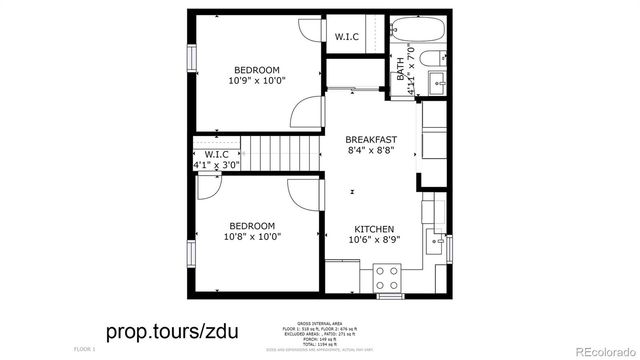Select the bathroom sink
[438, 79]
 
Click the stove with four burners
[387, 277]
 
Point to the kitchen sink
[435, 240]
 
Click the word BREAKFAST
[371, 139]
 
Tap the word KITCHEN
[371, 228]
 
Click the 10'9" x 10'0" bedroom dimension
[257, 80]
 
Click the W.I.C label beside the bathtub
[347, 37]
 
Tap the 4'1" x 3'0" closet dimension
[217, 166]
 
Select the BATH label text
[400, 70]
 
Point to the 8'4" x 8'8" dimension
[371, 151]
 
